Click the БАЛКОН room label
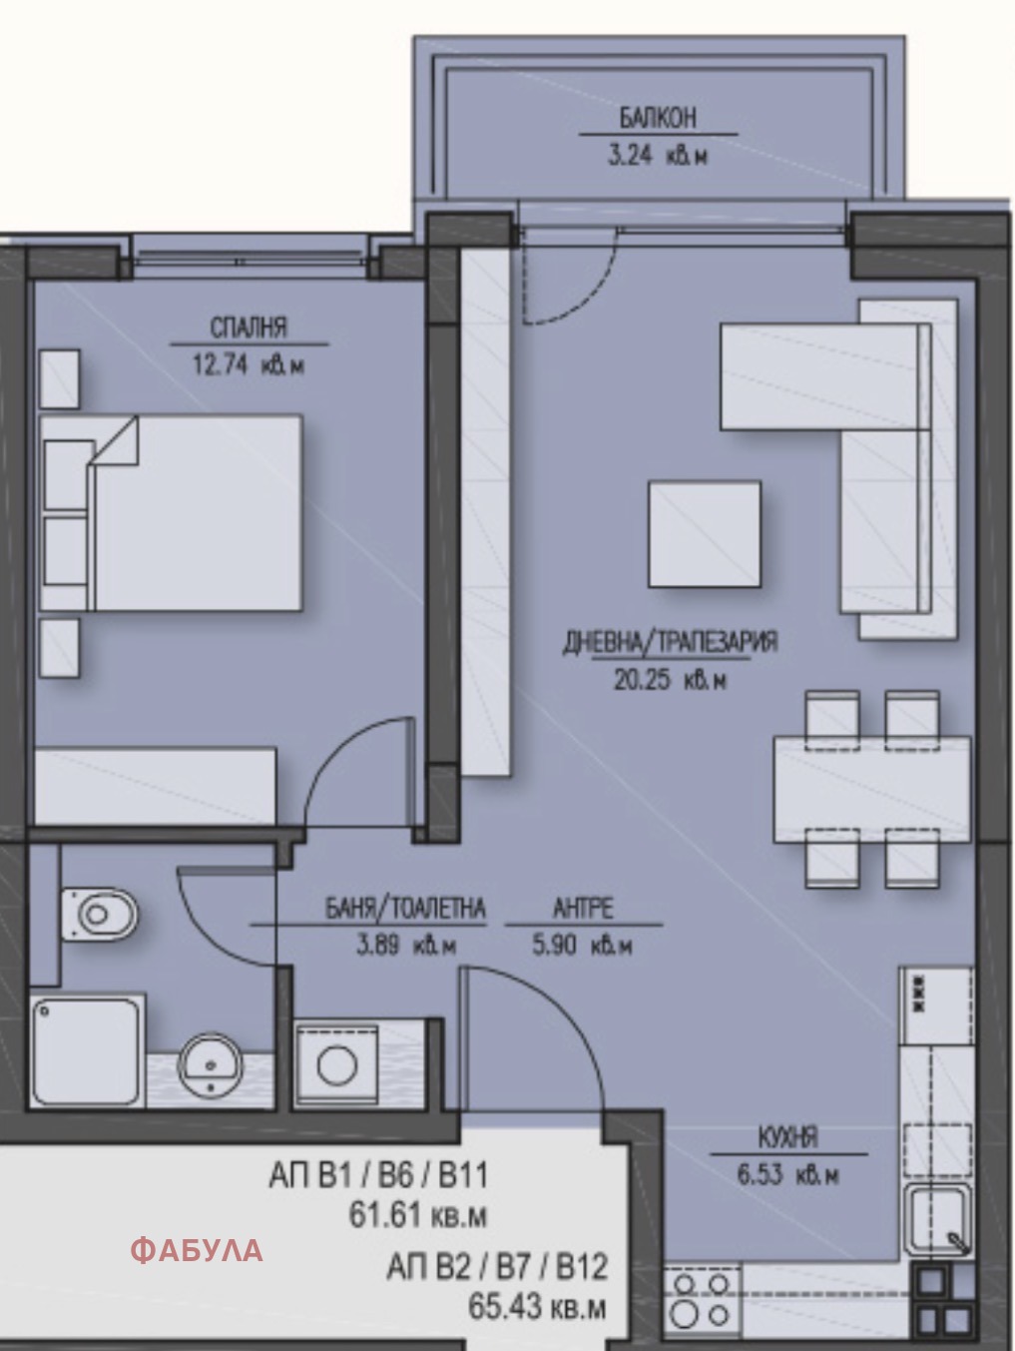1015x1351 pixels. (x=658, y=118)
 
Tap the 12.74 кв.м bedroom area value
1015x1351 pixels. (x=249, y=365)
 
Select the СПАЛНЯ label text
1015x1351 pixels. (x=249, y=328)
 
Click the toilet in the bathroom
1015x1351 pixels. (x=100, y=914)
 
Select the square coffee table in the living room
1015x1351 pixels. (x=705, y=534)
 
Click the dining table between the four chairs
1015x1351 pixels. (x=871, y=790)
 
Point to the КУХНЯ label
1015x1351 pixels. (x=788, y=1138)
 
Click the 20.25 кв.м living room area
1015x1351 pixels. (x=671, y=681)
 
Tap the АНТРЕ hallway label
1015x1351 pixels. (x=583, y=909)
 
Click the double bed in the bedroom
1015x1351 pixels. (x=171, y=513)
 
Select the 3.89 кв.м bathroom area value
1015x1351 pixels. (x=406, y=946)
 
